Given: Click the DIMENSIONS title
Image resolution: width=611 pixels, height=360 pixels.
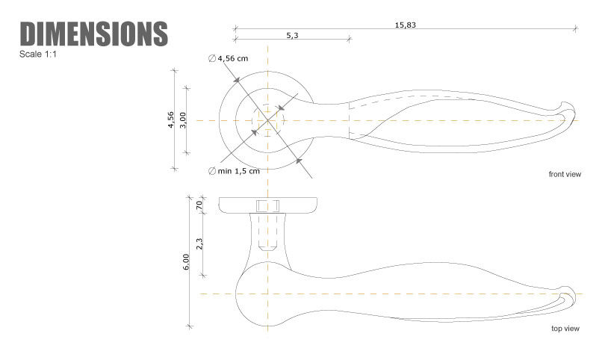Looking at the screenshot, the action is (x=94, y=34).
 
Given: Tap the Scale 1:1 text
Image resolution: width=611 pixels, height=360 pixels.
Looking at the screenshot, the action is (x=38, y=55).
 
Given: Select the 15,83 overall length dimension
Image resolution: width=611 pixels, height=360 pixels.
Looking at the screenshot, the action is (x=406, y=25).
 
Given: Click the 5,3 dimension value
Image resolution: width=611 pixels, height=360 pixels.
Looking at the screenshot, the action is (x=292, y=35).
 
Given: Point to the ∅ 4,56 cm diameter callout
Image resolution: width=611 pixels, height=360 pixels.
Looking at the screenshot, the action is (x=229, y=58).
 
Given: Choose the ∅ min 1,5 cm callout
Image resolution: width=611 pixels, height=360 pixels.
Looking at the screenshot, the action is (x=234, y=171).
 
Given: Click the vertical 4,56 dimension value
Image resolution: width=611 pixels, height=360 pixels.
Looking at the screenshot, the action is (x=170, y=120).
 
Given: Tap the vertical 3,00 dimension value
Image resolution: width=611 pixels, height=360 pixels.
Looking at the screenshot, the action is (x=183, y=120).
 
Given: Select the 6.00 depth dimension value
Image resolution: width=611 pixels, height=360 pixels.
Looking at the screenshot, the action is (x=186, y=262).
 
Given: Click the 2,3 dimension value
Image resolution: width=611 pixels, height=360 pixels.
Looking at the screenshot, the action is (x=199, y=244).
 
